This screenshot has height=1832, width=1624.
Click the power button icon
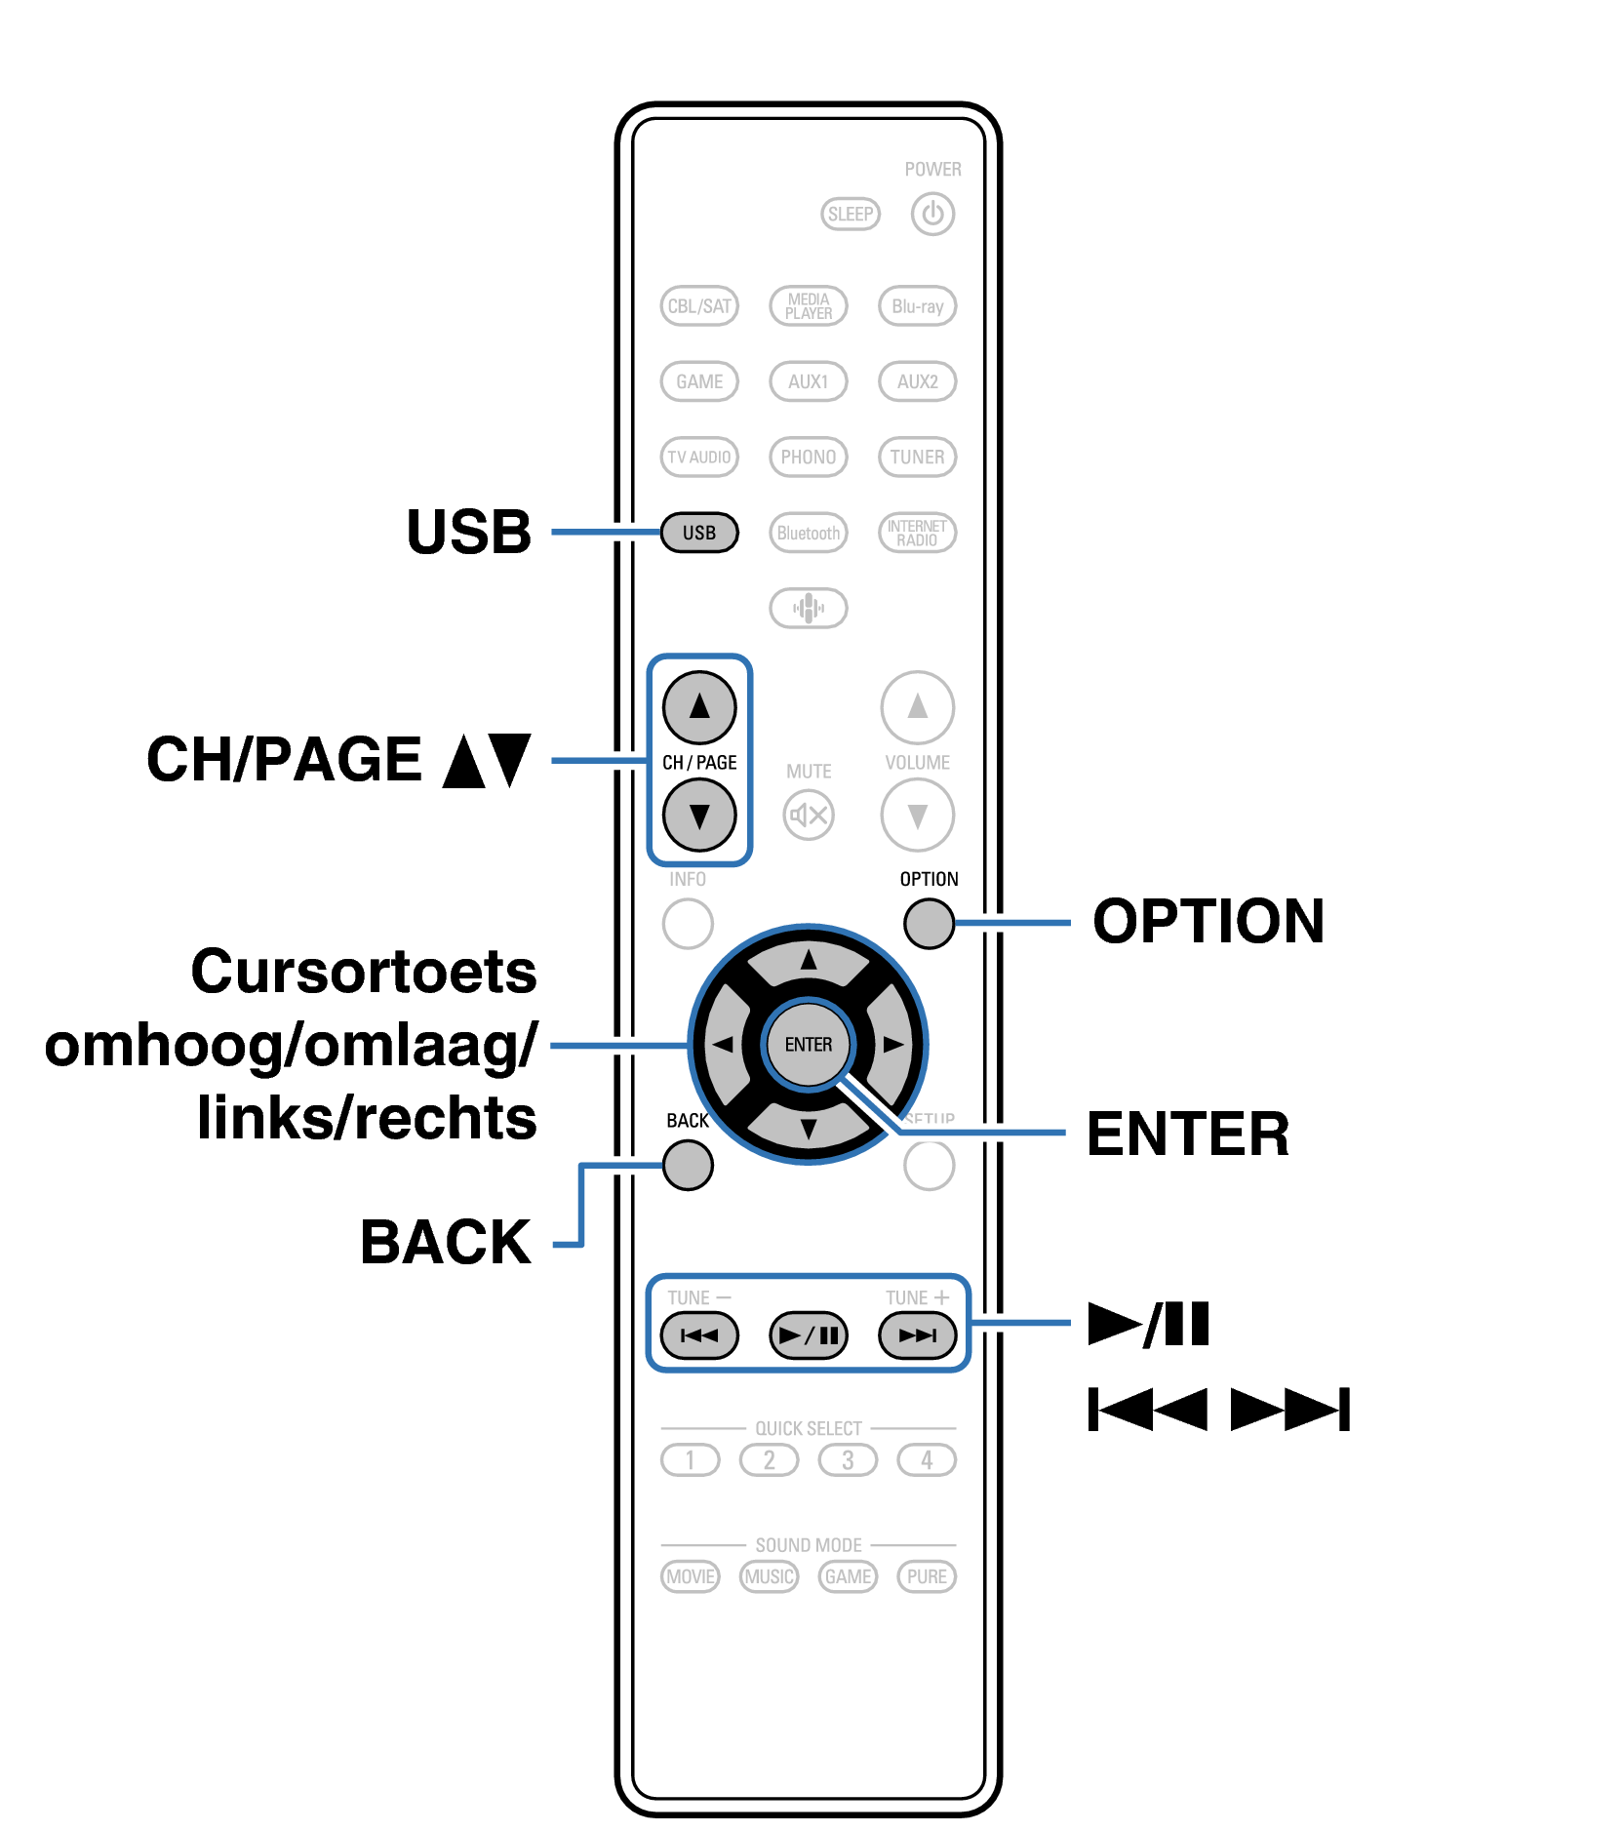(x=931, y=214)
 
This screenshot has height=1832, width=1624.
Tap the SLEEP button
(x=850, y=214)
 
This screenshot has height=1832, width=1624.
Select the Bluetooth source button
(x=808, y=533)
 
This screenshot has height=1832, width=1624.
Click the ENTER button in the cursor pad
(x=808, y=1044)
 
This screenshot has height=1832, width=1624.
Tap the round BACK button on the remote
(x=687, y=1165)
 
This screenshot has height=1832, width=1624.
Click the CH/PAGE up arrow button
(x=698, y=706)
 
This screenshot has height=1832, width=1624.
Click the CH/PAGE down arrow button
(x=698, y=815)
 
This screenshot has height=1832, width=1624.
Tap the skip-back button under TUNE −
(x=698, y=1334)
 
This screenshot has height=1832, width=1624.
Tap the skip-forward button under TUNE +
(x=917, y=1334)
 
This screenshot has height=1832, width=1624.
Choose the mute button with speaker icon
(x=808, y=815)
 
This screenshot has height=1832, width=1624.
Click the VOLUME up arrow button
(x=917, y=706)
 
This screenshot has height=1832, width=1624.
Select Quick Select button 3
(x=848, y=1459)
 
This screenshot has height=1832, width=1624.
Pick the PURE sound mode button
(x=926, y=1576)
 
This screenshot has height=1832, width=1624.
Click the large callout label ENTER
(x=1187, y=1134)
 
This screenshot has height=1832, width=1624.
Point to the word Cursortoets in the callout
(x=363, y=972)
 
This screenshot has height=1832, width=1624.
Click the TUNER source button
(x=917, y=457)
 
